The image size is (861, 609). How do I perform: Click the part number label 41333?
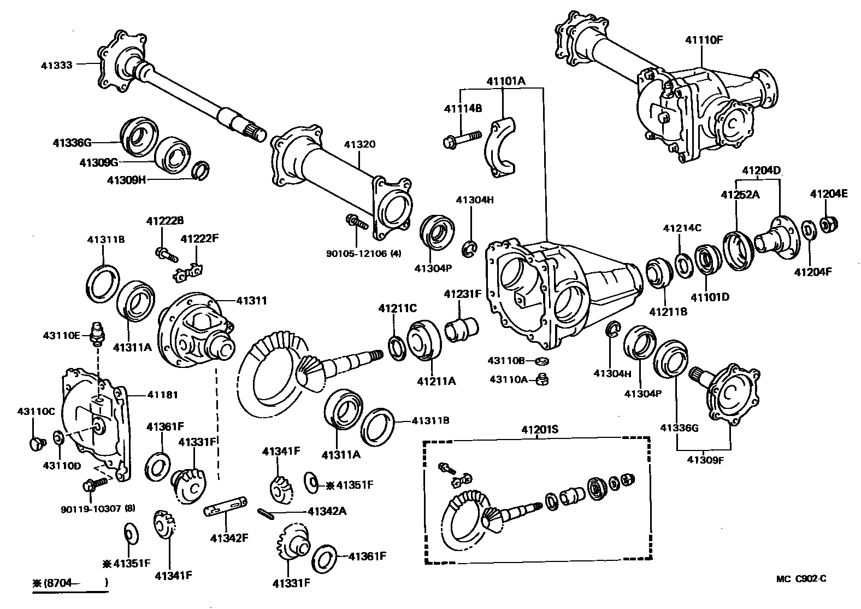(x=56, y=65)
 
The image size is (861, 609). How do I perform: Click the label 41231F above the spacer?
(x=462, y=294)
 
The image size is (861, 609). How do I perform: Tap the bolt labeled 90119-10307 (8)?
(x=93, y=484)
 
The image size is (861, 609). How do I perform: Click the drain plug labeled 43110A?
(x=542, y=378)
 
